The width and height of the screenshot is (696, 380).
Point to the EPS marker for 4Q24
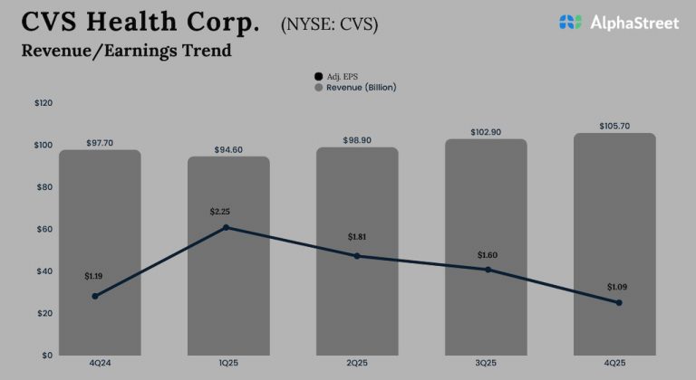[x=95, y=296]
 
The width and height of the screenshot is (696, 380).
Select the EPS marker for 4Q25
[x=619, y=302]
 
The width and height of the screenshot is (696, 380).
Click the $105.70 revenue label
[x=614, y=126]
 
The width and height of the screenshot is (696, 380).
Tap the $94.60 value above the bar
[x=228, y=149]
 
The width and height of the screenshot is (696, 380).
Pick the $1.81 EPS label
[x=358, y=237]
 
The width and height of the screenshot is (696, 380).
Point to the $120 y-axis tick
[x=43, y=104]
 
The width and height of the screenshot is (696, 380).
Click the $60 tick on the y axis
[x=43, y=229]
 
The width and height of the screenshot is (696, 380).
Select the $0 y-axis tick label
[x=45, y=355]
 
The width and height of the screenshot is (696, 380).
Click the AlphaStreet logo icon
[x=570, y=22]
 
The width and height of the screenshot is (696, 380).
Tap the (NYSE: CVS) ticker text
[x=330, y=24]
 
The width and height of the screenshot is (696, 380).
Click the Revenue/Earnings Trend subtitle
[x=126, y=51]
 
